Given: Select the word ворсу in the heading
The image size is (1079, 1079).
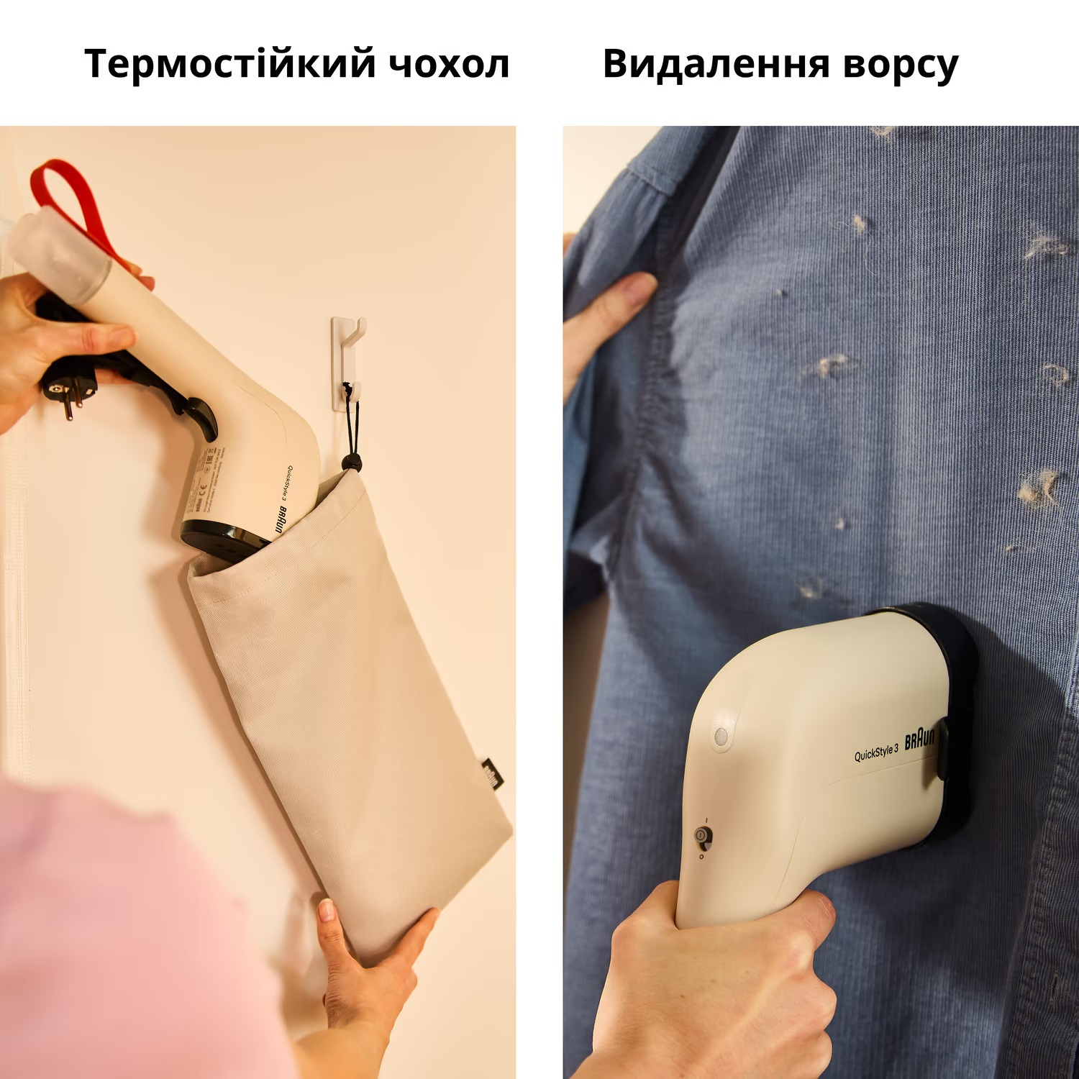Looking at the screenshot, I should (901, 65).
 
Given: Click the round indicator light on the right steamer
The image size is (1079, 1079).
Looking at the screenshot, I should (721, 735).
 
